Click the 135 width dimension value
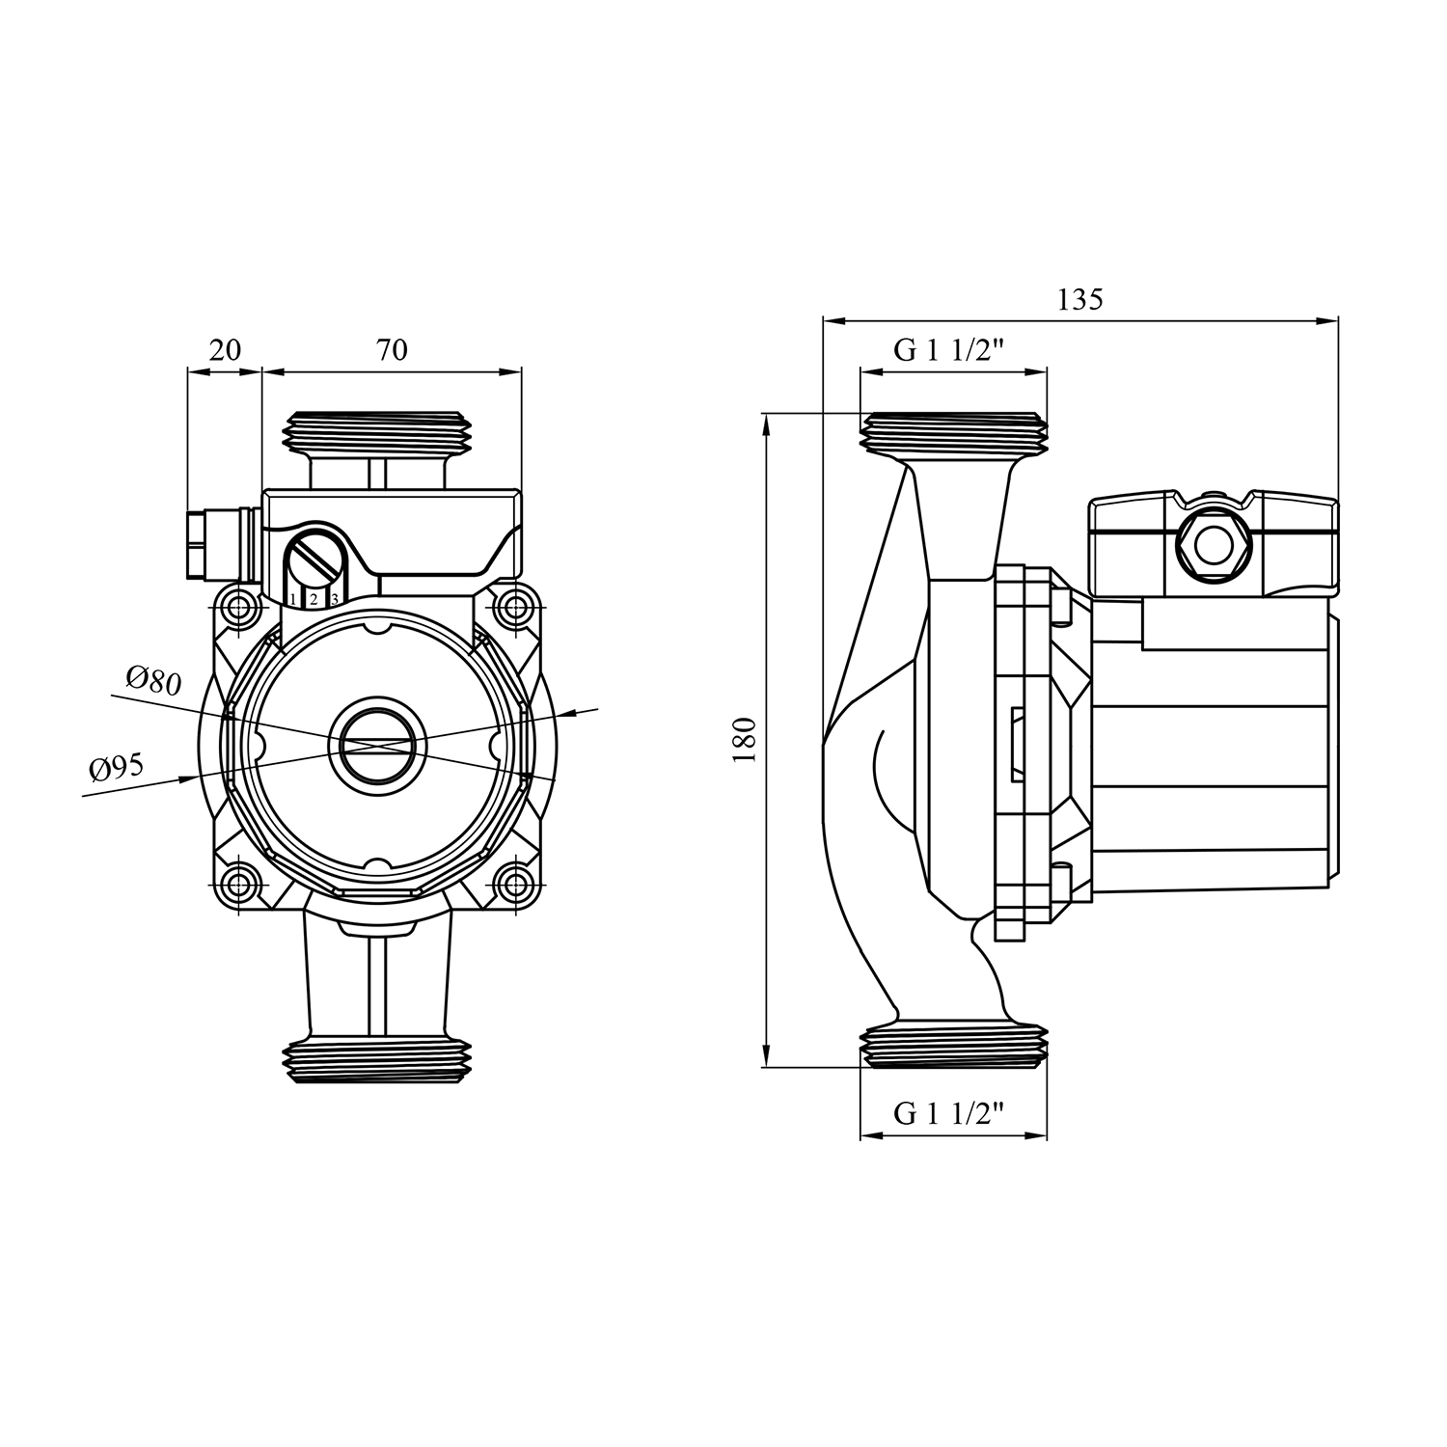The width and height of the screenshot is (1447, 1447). coord(1079,299)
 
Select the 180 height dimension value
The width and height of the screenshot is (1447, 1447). coord(744,740)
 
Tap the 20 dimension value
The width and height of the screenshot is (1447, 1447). coord(225,349)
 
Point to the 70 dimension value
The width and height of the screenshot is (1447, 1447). coord(392,349)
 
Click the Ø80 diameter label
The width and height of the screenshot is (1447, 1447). coord(153,680)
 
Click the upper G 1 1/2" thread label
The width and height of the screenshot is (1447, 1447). coord(949,350)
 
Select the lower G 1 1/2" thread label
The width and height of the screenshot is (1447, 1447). coord(949,1114)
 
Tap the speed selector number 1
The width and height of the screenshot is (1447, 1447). coord(293,600)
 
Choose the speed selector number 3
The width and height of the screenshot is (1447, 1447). coord(334,600)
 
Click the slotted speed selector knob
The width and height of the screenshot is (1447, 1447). coord(314,557)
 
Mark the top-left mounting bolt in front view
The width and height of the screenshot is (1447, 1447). coord(236,607)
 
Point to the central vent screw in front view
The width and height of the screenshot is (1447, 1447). coord(376,745)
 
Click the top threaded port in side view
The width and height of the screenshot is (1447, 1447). coord(953,431)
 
